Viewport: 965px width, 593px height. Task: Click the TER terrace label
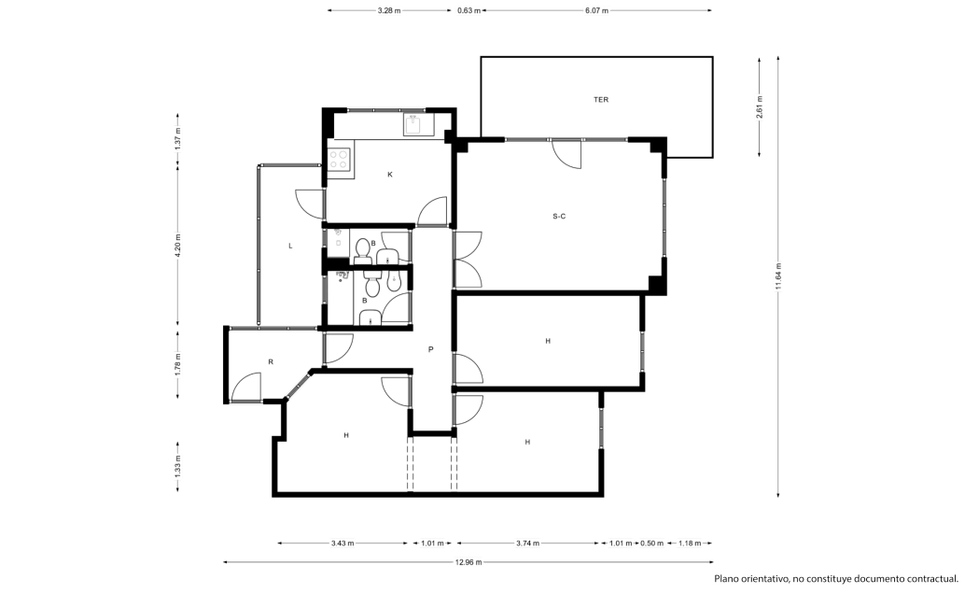coord(601,100)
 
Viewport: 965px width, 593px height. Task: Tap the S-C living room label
coord(559,216)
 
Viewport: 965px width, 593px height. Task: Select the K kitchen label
coord(390,175)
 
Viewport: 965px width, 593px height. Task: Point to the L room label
coord(290,246)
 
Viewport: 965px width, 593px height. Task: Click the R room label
coord(271,362)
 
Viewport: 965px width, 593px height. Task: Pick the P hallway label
coord(431,349)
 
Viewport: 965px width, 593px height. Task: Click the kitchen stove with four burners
coord(339,160)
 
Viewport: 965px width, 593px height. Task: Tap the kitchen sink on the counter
coord(413,124)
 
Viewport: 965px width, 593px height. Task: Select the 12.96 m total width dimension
coord(469,561)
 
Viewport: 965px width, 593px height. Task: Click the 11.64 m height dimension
coord(778,275)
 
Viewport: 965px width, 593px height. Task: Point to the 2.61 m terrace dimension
coord(760,107)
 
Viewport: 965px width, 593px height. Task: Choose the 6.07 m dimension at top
coord(596,10)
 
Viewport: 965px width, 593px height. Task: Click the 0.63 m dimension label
coord(469,10)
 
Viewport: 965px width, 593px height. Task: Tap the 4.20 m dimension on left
coord(178,246)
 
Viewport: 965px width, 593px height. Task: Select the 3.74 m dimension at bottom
coord(527,544)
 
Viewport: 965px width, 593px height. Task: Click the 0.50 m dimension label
coord(651,544)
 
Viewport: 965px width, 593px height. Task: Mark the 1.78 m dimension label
coord(178,364)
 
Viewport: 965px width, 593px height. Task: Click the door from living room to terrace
coord(566,153)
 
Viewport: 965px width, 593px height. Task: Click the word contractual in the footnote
coord(932,579)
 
